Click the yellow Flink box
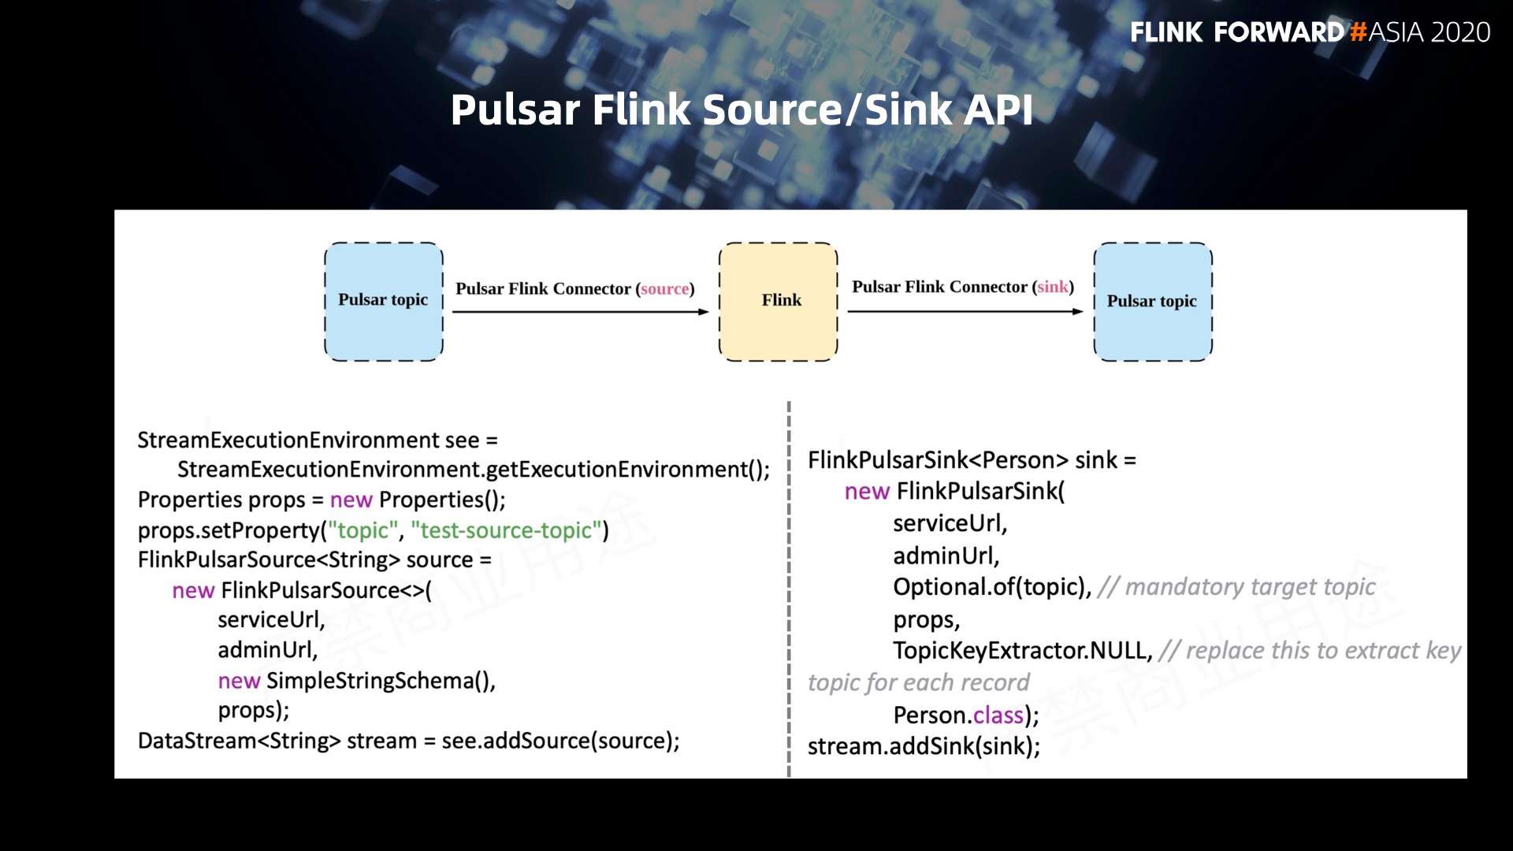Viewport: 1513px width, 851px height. tap(778, 301)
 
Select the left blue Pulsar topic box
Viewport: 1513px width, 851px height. tap(384, 301)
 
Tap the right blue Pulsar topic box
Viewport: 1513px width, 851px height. tap(1152, 301)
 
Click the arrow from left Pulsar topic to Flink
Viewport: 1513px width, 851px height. tap(580, 312)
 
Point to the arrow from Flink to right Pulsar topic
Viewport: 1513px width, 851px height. tap(965, 312)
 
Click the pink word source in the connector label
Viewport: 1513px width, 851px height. tap(664, 289)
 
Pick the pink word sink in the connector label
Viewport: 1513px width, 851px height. tap(1052, 287)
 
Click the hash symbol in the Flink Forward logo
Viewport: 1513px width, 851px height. tap(1358, 32)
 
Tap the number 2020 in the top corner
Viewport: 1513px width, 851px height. tap(1459, 32)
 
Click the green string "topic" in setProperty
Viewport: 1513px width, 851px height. tap(362, 530)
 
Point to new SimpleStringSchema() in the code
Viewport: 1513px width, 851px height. tap(356, 681)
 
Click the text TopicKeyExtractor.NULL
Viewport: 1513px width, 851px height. tap(1022, 651)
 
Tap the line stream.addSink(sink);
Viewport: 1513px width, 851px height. tap(924, 746)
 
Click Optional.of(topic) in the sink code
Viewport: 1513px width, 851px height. tap(991, 587)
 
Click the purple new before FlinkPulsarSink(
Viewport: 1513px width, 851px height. tap(866, 492)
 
